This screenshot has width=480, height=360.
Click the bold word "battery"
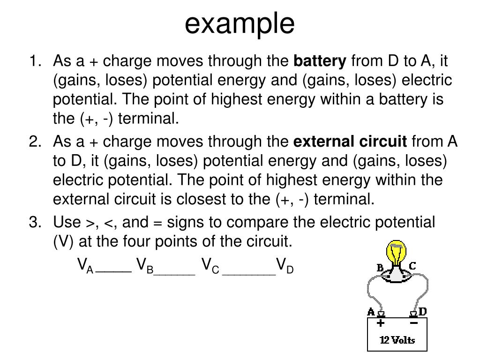point(320,61)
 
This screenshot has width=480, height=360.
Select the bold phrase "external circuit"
point(350,142)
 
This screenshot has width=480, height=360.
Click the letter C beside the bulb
point(412,266)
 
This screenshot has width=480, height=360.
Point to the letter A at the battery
point(371,312)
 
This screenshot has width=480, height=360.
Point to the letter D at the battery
point(422,312)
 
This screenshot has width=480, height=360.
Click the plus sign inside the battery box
point(381,323)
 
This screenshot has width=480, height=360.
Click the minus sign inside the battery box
point(413,323)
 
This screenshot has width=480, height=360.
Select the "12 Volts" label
point(397,340)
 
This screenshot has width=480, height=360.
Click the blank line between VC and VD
point(249,271)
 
